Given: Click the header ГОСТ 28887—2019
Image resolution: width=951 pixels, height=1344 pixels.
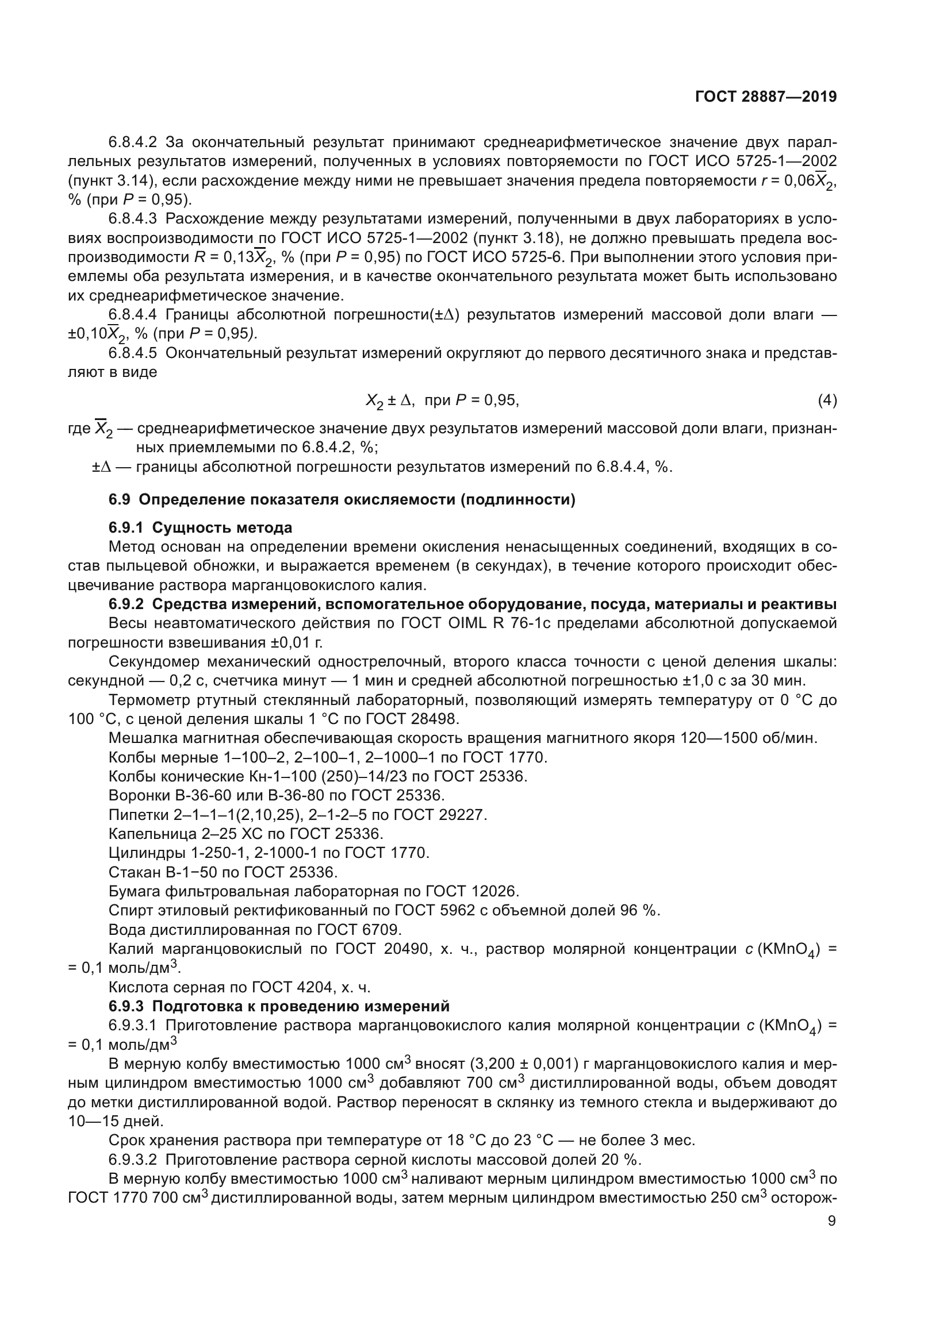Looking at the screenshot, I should (x=765, y=97).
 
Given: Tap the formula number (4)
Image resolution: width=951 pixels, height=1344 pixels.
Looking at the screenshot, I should (x=827, y=400).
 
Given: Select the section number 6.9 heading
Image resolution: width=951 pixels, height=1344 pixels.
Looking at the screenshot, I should (x=122, y=500).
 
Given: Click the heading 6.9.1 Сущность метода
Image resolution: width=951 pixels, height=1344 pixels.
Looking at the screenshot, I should (x=200, y=527).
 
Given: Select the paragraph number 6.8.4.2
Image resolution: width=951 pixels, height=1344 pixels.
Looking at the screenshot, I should (x=133, y=143).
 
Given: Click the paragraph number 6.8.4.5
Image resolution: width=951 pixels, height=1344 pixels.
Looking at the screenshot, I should (x=133, y=353).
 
